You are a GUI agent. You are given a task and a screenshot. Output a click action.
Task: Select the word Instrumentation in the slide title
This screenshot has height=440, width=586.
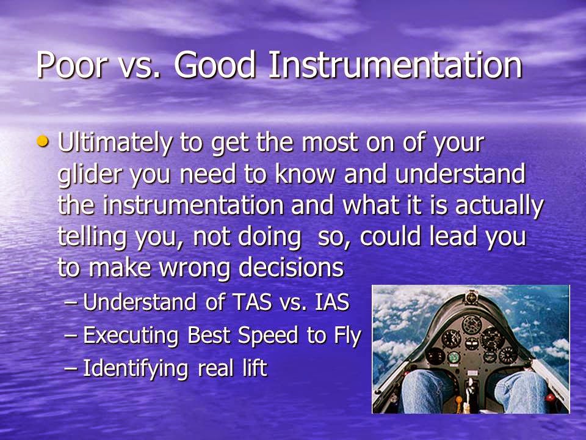[x=395, y=65]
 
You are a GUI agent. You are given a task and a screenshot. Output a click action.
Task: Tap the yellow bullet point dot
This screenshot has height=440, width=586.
[x=43, y=141]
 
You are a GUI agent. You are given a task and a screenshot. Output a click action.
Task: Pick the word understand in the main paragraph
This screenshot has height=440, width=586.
[x=460, y=174]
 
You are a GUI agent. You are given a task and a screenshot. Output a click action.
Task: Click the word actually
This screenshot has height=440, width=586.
[x=499, y=207]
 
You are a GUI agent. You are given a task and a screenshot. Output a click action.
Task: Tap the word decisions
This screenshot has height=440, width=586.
[x=291, y=267]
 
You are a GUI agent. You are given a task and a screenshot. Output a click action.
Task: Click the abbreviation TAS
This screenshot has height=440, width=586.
[x=251, y=302]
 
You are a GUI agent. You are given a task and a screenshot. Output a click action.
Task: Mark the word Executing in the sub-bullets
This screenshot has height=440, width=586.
[x=131, y=335]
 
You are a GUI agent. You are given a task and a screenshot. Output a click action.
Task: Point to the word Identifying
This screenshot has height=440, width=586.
[x=135, y=369]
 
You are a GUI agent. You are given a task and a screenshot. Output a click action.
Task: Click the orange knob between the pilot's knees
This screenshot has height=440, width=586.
[x=459, y=400]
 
